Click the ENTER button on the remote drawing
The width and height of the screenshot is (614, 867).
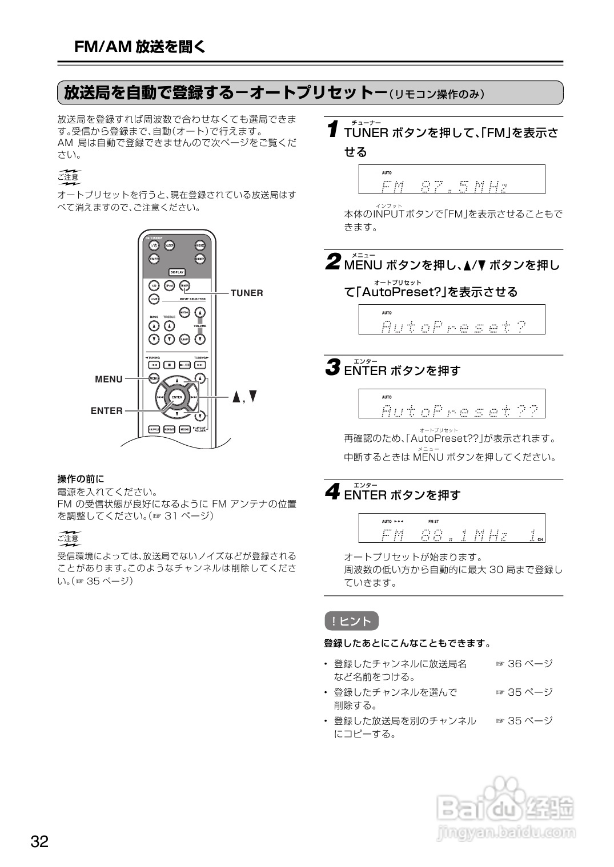click(177, 397)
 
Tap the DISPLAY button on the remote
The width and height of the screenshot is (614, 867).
click(177, 272)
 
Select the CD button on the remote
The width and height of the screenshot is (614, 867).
click(154, 285)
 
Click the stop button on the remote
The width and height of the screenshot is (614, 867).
click(170, 365)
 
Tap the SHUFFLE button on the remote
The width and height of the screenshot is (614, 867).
click(154, 429)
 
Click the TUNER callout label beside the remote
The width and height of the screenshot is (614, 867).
click(247, 293)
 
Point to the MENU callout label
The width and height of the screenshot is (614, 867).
click(109, 380)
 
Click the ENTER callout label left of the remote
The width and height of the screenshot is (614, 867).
click(107, 411)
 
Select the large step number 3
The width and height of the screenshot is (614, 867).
click(333, 368)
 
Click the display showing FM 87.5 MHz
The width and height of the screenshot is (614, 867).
click(451, 180)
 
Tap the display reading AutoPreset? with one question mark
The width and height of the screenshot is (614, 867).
click(451, 320)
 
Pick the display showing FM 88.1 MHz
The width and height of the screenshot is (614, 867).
click(451, 528)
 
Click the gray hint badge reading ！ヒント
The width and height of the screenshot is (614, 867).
click(351, 621)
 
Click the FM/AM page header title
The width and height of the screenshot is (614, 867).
click(140, 47)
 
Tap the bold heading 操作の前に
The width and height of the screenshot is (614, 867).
click(81, 479)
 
